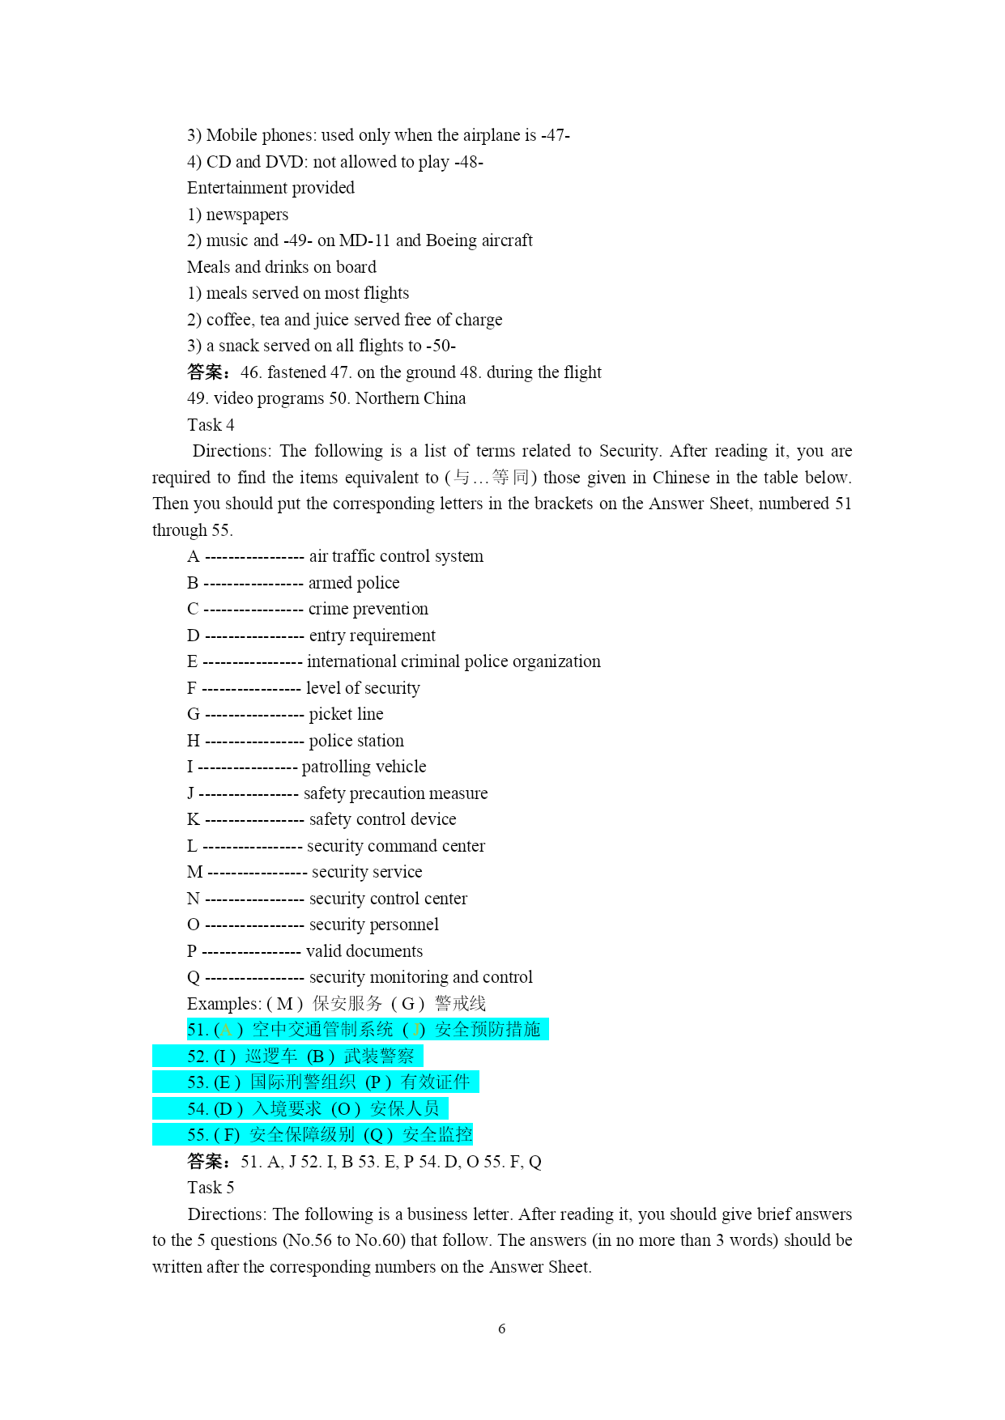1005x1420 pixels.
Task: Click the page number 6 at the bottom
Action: [502, 1329]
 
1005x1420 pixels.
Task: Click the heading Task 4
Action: [211, 425]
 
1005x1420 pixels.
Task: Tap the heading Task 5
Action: [211, 1188]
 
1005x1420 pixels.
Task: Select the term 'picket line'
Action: [346, 714]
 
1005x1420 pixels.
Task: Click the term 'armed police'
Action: [354, 583]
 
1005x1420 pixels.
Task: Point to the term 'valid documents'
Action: [364, 951]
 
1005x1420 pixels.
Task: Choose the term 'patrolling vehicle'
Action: [364, 767]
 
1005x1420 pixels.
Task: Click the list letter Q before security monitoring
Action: [194, 977]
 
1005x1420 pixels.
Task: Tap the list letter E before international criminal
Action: [192, 661]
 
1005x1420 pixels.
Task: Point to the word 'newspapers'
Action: [247, 215]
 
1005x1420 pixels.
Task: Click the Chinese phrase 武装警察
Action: [379, 1056]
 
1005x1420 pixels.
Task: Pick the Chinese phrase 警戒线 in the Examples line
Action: [460, 1004]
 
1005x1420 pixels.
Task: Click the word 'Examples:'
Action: [224, 1004]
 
